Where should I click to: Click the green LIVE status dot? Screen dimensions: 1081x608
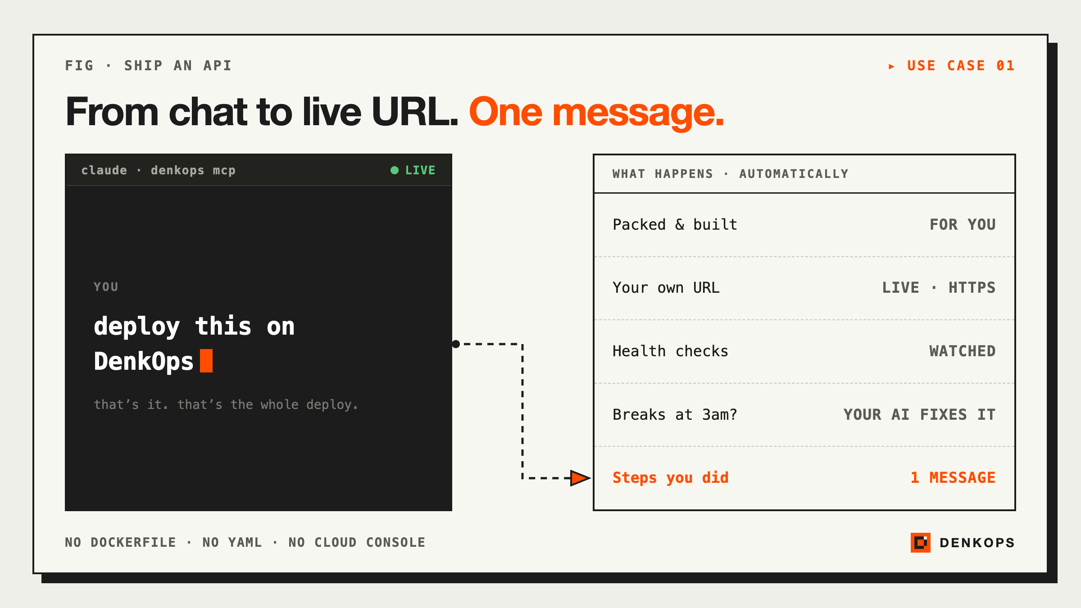395,170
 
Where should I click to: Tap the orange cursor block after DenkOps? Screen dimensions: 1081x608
206,361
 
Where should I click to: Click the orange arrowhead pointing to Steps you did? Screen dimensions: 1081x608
580,478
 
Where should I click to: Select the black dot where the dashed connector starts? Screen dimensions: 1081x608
456,344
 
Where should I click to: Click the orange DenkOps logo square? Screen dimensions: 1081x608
920,542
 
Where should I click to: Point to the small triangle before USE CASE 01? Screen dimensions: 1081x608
891,67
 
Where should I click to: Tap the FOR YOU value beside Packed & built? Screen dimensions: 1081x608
963,224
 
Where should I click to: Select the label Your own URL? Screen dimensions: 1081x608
666,287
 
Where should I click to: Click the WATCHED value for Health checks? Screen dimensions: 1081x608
963,351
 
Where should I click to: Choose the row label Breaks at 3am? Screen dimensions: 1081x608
675,414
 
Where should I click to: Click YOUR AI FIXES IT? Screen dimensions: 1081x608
919,414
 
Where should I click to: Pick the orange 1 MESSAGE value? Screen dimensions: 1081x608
953,477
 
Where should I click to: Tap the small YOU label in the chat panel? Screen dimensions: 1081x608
106,287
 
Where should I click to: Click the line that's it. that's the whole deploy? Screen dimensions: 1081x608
226,404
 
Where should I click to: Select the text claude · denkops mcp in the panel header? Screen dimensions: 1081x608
159,170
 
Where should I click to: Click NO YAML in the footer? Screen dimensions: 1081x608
232,542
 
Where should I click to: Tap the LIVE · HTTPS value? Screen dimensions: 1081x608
939,287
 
